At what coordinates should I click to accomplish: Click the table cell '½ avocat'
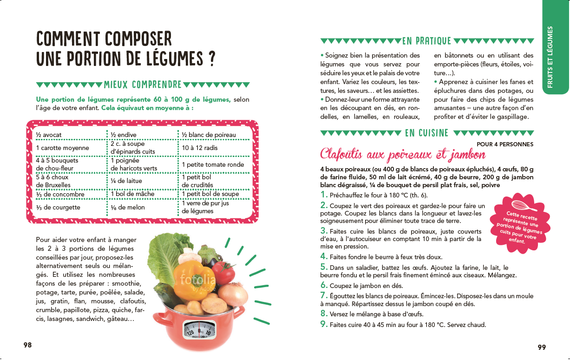[x=49, y=135]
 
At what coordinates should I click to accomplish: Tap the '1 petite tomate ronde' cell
[x=212, y=164]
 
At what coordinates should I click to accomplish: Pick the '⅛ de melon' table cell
[x=128, y=207]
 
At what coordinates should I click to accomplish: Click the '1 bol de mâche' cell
[x=132, y=194]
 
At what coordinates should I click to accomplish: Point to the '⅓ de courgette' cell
[x=58, y=207]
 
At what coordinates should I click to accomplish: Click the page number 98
[x=28, y=345]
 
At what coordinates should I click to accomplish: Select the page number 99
[x=542, y=347]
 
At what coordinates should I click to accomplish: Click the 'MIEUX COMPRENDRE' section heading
[x=143, y=85]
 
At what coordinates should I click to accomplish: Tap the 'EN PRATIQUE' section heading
[x=426, y=41]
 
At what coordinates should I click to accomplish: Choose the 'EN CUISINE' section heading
[x=426, y=133]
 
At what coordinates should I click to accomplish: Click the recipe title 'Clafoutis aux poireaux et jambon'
[x=403, y=154]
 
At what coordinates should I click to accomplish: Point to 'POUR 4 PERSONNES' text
[x=504, y=144]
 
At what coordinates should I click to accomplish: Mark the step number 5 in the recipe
[x=324, y=267]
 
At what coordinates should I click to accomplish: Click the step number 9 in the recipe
[x=324, y=324]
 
